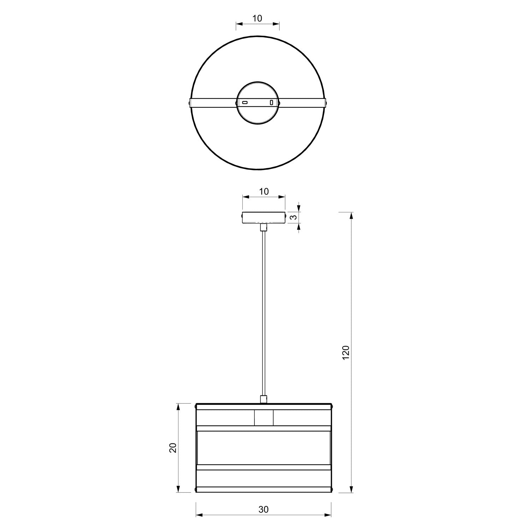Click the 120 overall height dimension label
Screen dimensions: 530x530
[346, 353]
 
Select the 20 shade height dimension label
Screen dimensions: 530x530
[173, 448]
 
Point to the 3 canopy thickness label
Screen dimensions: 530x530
[293, 217]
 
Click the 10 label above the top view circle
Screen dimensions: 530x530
[258, 18]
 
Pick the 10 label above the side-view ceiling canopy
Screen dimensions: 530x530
[264, 192]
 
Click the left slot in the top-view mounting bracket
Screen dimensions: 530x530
[245, 102]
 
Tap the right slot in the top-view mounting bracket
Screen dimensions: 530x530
[271, 102]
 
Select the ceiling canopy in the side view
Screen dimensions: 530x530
[263, 218]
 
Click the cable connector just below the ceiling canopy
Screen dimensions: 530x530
[263, 227]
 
